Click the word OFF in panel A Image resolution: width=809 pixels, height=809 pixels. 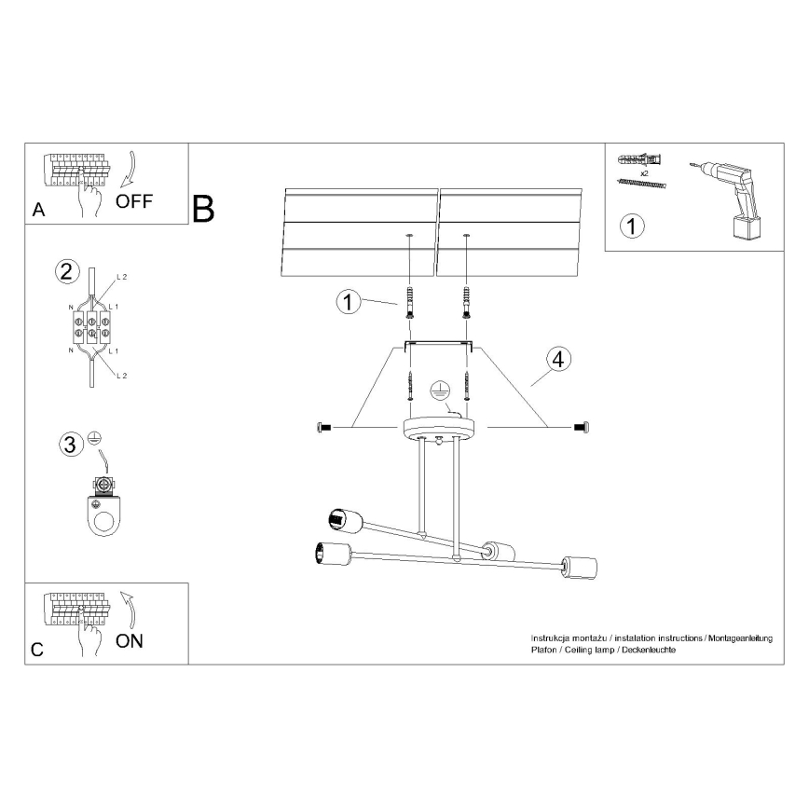pyautogui.click(x=134, y=201)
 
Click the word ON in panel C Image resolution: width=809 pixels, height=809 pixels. pyautogui.click(x=130, y=640)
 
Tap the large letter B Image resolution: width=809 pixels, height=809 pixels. pyautogui.click(x=202, y=209)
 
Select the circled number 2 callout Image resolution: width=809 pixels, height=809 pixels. pyautogui.click(x=65, y=272)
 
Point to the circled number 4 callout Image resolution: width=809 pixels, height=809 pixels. pyautogui.click(x=557, y=359)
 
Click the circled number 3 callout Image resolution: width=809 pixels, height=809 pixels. pyautogui.click(x=69, y=446)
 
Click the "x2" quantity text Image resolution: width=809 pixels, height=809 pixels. pyautogui.click(x=644, y=173)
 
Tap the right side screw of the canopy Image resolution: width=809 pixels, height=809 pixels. pyautogui.click(x=579, y=427)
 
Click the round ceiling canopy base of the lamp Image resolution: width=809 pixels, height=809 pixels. pyautogui.click(x=438, y=429)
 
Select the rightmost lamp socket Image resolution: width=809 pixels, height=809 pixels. pyautogui.click(x=581, y=566)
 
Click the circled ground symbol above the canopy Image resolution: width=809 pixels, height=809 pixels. pyautogui.click(x=439, y=391)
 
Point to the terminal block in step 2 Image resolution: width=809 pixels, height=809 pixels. pyautogui.click(x=90, y=326)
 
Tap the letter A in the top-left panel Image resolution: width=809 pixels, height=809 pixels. pyautogui.click(x=38, y=210)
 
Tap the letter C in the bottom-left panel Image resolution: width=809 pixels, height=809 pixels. pyautogui.click(x=37, y=650)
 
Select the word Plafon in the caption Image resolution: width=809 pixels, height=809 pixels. pyautogui.click(x=543, y=650)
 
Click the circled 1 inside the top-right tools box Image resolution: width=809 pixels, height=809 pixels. pyautogui.click(x=632, y=225)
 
